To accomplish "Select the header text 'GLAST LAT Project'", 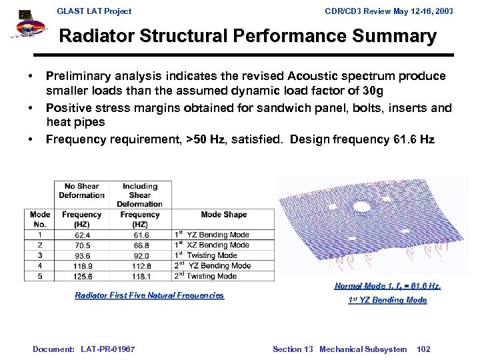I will coord(94,11).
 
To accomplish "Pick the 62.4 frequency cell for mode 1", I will coord(83,235).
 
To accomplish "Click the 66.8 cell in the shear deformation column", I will coord(141,245).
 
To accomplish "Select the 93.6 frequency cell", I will coord(83,255).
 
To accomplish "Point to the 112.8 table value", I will coord(141,265).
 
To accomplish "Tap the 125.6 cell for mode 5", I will coord(83,276).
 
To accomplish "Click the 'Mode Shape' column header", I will coord(223,215).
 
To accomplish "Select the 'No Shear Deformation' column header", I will coord(82,191).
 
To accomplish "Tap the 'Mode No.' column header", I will coord(40,219).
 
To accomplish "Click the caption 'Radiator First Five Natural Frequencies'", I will coord(149,295).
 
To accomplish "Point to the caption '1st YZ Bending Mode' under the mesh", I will coord(387,300).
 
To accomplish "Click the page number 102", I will coord(423,349).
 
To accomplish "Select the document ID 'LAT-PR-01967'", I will coord(107,349).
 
